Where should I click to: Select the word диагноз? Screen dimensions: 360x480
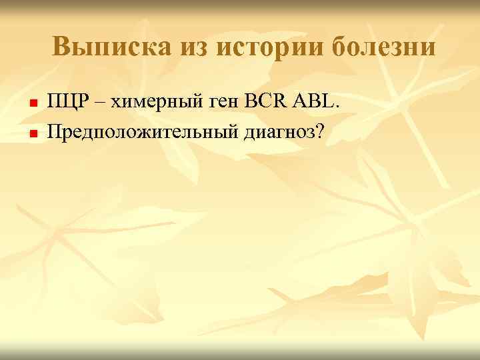[x=278, y=131]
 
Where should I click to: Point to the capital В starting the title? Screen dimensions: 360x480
[x=61, y=47]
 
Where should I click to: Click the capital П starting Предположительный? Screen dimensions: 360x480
[x=53, y=129]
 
